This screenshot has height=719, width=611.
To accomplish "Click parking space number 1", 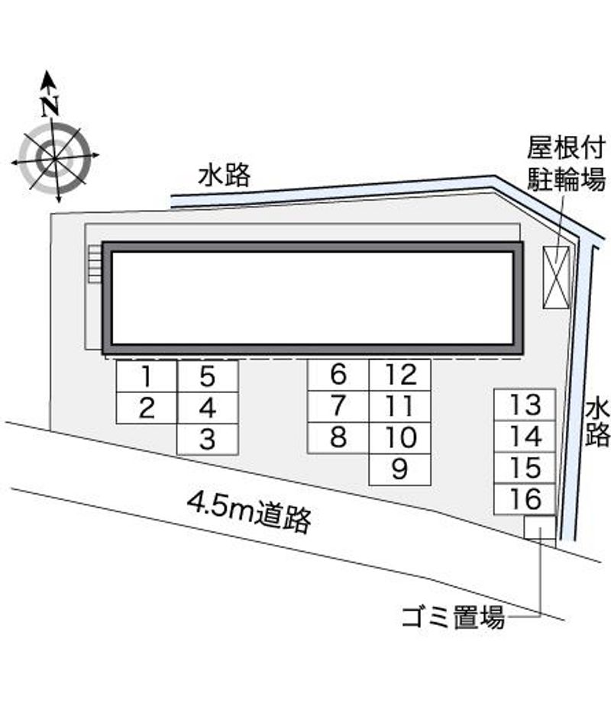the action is tap(147, 376).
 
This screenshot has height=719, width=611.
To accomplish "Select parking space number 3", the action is tap(207, 440).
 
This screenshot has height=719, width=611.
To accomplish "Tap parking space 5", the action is tap(207, 376).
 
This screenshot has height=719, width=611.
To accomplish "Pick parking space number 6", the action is tap(338, 375).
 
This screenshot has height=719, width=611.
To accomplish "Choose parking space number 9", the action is tap(400, 469).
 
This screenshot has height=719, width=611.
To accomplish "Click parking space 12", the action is tap(400, 375).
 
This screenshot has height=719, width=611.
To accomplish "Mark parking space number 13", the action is tap(525, 405).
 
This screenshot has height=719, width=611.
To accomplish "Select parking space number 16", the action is tap(525, 498).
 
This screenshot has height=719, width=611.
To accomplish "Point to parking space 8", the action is tap(338, 438).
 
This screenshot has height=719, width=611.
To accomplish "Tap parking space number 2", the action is tap(147, 408).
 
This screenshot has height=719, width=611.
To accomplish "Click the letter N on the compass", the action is tap(50, 106).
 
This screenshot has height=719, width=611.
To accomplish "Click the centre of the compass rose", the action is tap(54, 159).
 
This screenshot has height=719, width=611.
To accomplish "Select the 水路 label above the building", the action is tap(225, 176).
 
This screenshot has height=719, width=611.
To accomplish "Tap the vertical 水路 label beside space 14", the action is tap(597, 422).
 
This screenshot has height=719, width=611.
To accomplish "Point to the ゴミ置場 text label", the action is tap(453, 617).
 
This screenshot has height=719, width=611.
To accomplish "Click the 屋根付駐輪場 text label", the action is tap(566, 163).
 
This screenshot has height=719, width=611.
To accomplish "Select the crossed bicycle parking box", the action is tap(556, 277).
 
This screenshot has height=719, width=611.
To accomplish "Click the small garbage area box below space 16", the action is tap(540, 527).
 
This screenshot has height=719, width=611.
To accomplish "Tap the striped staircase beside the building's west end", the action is tap(95, 263).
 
